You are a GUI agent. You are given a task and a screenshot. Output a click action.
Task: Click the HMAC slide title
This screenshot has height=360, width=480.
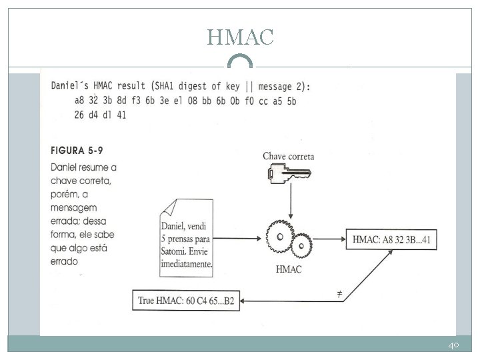pyautogui.click(x=240, y=37)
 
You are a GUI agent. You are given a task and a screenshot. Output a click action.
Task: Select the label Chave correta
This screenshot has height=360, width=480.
pyautogui.click(x=288, y=157)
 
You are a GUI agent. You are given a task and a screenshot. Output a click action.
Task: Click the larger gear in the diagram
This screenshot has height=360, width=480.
pyautogui.click(x=280, y=237)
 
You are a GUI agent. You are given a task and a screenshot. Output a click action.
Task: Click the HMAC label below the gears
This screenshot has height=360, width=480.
pyautogui.click(x=288, y=269)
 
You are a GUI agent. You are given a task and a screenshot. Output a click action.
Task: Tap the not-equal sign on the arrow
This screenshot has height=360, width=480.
pyautogui.click(x=339, y=293)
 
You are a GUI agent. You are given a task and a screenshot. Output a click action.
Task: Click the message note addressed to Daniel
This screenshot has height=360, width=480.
pyautogui.click(x=185, y=236)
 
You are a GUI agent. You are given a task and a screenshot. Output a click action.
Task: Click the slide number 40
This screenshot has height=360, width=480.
pyautogui.click(x=454, y=346)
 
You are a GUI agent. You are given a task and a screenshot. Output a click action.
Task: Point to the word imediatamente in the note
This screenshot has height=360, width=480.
pyautogui.click(x=186, y=264)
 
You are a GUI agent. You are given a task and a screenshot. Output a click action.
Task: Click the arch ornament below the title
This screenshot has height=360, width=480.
pyautogui.click(x=240, y=62)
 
